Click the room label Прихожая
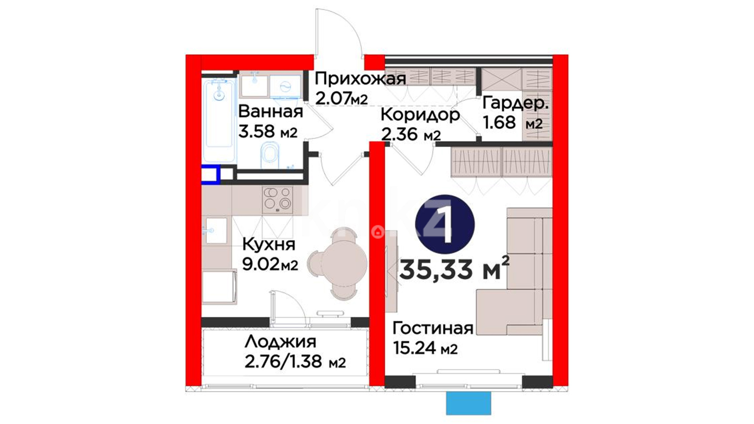click(x=360, y=79)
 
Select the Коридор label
click(x=420, y=115)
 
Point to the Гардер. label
click(x=515, y=103)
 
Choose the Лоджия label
click(x=280, y=342)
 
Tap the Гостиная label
click(x=433, y=328)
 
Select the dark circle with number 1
click(x=445, y=224)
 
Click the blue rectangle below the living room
click(x=469, y=403)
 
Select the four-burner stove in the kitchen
click(x=278, y=199)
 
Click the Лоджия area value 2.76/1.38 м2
click(x=295, y=362)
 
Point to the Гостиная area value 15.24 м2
click(x=425, y=348)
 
